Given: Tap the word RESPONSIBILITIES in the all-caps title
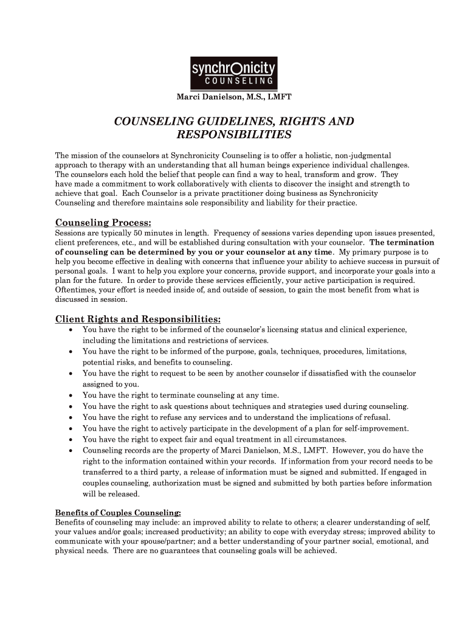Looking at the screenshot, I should (x=234, y=134).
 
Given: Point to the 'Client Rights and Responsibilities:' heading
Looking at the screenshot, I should (x=138, y=319).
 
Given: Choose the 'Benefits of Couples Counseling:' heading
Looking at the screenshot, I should (x=118, y=512).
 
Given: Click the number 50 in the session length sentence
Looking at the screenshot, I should (x=139, y=233).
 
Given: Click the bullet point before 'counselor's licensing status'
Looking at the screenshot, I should (x=71, y=330).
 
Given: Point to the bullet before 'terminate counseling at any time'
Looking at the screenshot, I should (x=71, y=395).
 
